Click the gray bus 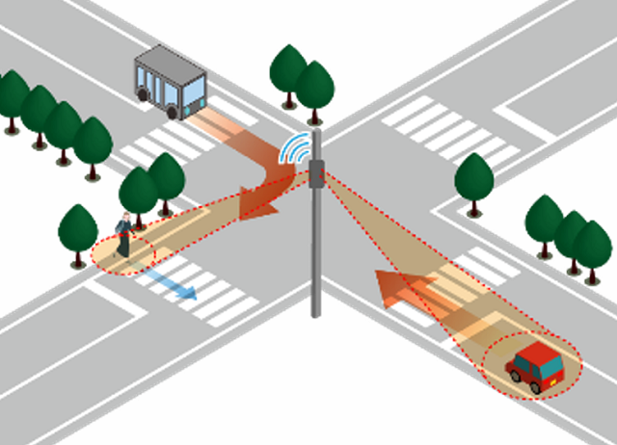pos(171,81)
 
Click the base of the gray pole pos(316,310)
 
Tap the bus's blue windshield pos(194,92)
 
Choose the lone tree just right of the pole pos(474,178)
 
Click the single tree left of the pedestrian pos(78,229)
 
